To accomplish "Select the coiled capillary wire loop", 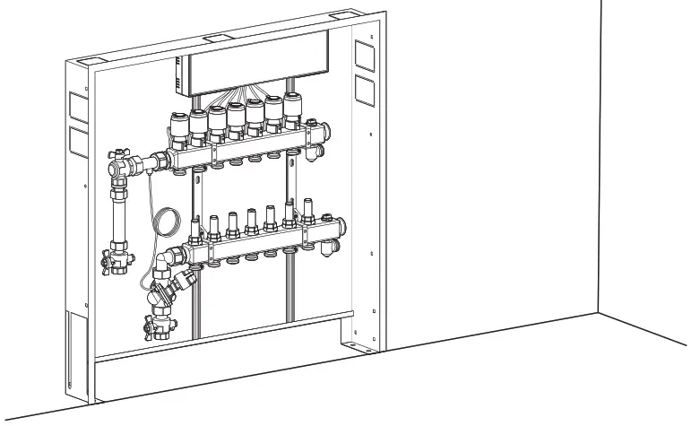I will [167, 219].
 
